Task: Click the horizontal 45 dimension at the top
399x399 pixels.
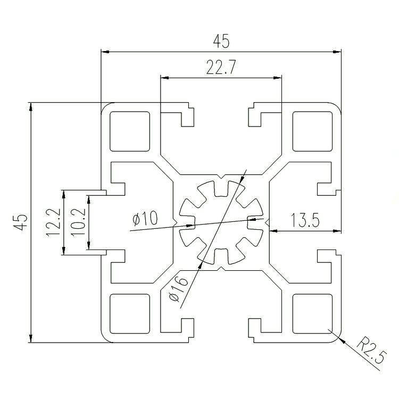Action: (x=221, y=41)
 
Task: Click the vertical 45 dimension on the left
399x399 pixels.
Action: (x=20, y=222)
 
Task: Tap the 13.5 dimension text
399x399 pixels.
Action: (x=305, y=220)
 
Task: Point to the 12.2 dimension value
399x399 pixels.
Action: (x=53, y=222)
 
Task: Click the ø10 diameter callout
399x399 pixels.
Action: (x=145, y=218)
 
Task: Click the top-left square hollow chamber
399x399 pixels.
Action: (x=130, y=131)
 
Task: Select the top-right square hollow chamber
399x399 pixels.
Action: (x=313, y=131)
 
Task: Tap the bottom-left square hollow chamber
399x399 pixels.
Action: (x=130, y=314)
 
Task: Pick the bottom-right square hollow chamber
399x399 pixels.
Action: (x=313, y=314)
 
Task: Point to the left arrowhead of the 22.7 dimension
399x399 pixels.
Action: (x=165, y=78)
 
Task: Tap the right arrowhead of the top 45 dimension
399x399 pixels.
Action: (x=337, y=52)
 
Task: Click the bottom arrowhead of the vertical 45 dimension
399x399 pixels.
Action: (x=31, y=338)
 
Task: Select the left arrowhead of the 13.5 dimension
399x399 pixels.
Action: (x=273, y=231)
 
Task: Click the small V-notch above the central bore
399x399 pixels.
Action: (x=221, y=177)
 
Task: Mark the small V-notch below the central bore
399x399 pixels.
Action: (x=221, y=269)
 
